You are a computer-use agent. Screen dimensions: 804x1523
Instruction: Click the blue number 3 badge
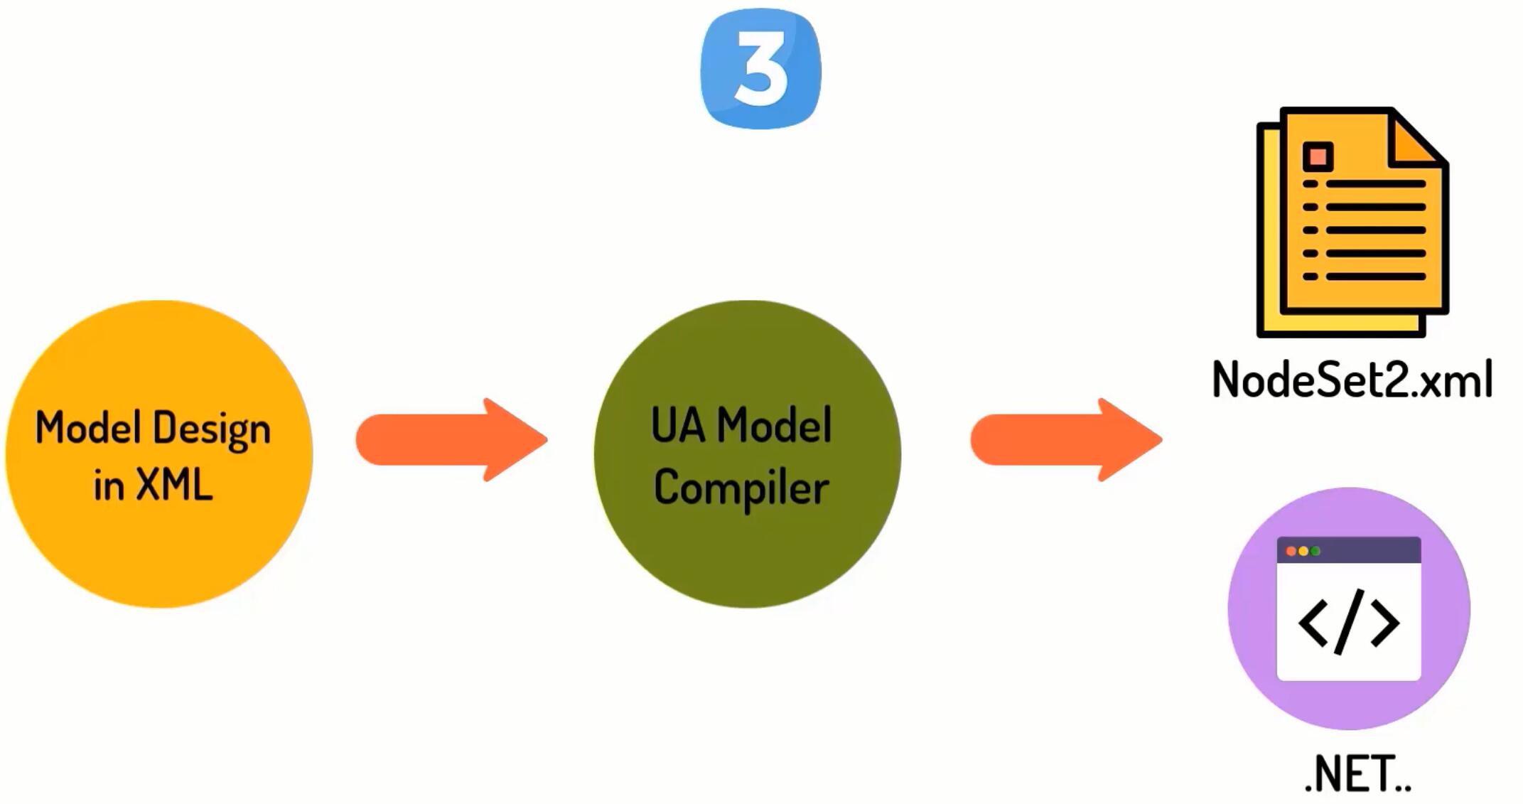point(760,69)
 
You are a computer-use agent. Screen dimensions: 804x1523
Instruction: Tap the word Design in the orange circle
point(212,430)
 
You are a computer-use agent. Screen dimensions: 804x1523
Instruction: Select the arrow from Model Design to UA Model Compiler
point(452,440)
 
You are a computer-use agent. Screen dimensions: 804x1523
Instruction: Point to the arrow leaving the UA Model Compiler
point(1066,440)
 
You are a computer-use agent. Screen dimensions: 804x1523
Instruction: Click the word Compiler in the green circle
point(741,489)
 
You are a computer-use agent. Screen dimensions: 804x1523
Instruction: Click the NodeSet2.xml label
point(1352,380)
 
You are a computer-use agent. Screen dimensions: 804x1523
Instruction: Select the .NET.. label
point(1357,774)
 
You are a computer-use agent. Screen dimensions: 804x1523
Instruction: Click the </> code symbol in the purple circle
point(1349,623)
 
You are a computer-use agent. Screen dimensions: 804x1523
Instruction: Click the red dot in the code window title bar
point(1291,551)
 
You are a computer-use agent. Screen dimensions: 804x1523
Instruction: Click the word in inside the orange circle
point(109,486)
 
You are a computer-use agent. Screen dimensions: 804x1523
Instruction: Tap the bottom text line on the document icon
point(1375,277)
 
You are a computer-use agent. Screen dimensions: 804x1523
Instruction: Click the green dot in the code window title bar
point(1315,551)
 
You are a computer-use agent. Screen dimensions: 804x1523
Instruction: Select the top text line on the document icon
point(1375,184)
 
